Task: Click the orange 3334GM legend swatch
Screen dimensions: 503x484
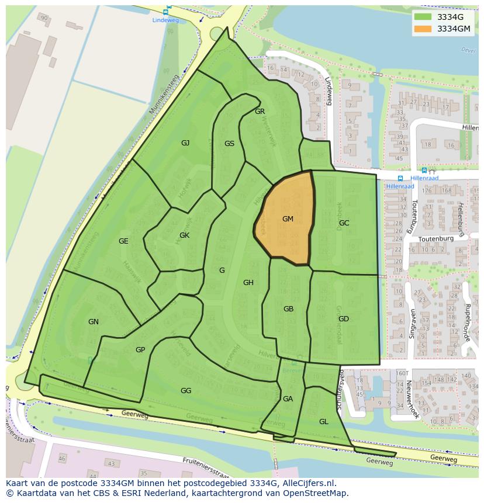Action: click(x=423, y=29)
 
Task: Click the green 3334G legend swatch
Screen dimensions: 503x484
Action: click(x=423, y=17)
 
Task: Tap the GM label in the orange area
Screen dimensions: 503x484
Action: click(x=288, y=219)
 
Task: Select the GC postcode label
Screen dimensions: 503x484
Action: click(x=344, y=223)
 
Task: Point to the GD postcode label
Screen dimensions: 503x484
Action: click(x=343, y=319)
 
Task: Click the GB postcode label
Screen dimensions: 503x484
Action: click(x=288, y=309)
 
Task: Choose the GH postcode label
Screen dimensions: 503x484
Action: click(x=248, y=283)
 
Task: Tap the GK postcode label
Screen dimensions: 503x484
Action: click(x=184, y=235)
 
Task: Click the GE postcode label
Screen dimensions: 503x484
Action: click(x=123, y=241)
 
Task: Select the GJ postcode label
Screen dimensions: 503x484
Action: click(x=185, y=143)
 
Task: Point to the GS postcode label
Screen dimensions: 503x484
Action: click(x=229, y=144)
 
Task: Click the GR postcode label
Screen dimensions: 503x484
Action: click(x=260, y=111)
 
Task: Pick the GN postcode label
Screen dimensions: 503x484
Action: click(x=94, y=322)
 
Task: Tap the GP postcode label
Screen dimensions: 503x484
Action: click(x=140, y=350)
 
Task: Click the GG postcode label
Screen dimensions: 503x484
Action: click(x=186, y=391)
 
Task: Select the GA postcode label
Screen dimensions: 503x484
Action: click(x=288, y=399)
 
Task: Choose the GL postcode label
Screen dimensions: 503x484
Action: click(x=323, y=422)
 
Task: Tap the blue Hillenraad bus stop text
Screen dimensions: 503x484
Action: click(x=424, y=178)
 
